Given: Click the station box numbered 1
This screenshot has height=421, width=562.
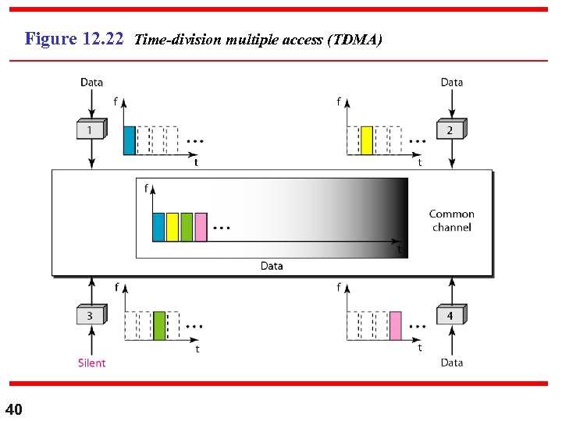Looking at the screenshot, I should tap(91, 130).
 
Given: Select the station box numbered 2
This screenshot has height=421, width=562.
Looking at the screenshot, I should tap(450, 130).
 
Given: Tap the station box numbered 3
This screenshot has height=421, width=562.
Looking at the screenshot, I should tap(91, 316).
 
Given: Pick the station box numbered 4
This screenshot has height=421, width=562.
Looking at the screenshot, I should tap(450, 316).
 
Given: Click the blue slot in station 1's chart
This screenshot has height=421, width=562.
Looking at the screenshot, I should tap(130, 140).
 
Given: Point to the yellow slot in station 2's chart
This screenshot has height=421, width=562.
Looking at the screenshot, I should tap(367, 140).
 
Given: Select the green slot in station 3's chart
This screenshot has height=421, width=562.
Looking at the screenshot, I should tap(159, 325).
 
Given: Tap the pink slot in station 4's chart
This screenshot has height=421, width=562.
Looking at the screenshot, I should tap(396, 325).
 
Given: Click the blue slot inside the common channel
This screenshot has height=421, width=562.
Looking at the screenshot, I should tap(158, 226).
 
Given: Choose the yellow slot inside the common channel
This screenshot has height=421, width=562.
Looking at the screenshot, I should tap(173, 226).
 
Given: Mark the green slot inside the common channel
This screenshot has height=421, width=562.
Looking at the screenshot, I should tap(187, 226).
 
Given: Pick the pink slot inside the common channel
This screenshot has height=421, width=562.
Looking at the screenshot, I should tap(201, 226).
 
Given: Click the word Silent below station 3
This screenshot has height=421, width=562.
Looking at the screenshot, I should tap(91, 363).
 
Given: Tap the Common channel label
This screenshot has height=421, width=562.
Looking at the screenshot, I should tap(451, 221).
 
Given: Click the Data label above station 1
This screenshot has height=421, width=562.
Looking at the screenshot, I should tap(91, 82).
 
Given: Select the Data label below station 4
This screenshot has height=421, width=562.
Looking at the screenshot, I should tap(451, 363).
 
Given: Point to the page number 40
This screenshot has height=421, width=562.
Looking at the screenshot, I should tap(14, 409).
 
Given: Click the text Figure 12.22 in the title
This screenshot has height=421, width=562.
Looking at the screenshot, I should tap(74, 38).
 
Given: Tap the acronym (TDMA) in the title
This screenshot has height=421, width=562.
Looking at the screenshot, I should tap(357, 39).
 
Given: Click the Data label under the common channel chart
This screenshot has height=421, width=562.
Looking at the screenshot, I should tap(272, 266).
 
